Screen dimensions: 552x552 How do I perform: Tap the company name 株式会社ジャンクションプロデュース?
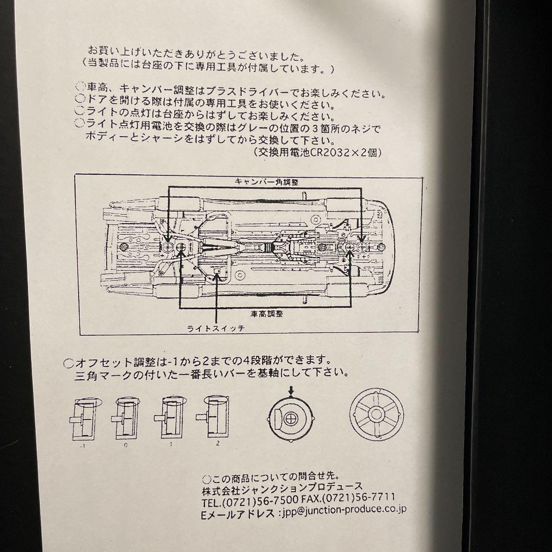[x=282, y=486]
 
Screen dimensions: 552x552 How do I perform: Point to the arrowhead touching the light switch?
[x=218, y=277]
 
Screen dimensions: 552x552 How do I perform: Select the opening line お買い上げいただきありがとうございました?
[x=197, y=52]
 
